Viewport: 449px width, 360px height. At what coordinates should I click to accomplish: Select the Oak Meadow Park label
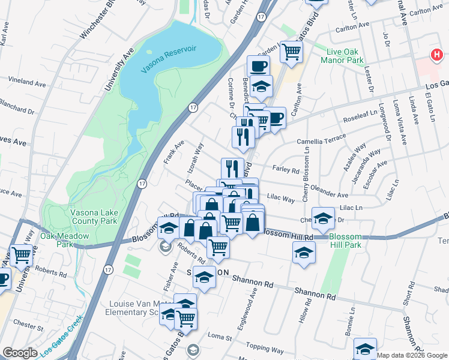64,240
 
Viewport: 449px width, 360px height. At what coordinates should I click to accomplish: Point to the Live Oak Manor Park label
354,56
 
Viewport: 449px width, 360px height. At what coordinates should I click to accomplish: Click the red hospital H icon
437,55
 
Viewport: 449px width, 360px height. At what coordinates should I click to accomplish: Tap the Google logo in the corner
19,353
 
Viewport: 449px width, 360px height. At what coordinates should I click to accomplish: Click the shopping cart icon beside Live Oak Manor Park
291,52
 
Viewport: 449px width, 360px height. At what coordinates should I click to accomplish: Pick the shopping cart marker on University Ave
22,256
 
